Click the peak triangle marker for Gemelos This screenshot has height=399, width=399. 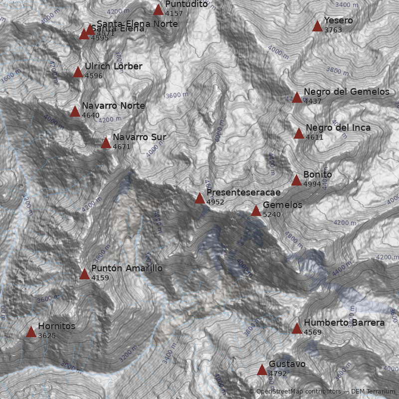(x=256, y=210)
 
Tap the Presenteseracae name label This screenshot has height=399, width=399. (x=243, y=193)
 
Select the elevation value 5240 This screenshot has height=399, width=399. (x=272, y=215)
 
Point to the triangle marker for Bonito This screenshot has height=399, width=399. (x=296, y=180)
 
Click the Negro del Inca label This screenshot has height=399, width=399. (x=338, y=128)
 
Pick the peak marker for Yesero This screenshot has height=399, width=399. (x=317, y=26)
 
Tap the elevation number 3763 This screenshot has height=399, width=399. (x=333, y=30)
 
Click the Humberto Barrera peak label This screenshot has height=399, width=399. (x=344, y=323)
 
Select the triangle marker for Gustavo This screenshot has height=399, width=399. (x=262, y=370)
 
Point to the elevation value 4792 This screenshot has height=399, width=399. (x=278, y=374)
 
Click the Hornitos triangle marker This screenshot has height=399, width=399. (x=31, y=332)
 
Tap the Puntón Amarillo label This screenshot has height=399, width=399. (x=127, y=268)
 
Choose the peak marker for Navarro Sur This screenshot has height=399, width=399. (x=106, y=143)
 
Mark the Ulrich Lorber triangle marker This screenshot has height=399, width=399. (x=78, y=72)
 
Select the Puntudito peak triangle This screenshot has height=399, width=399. (x=158, y=9)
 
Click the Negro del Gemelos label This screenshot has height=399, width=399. (x=346, y=92)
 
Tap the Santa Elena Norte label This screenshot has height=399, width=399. (x=137, y=24)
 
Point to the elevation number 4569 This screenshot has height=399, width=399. (x=313, y=332)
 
